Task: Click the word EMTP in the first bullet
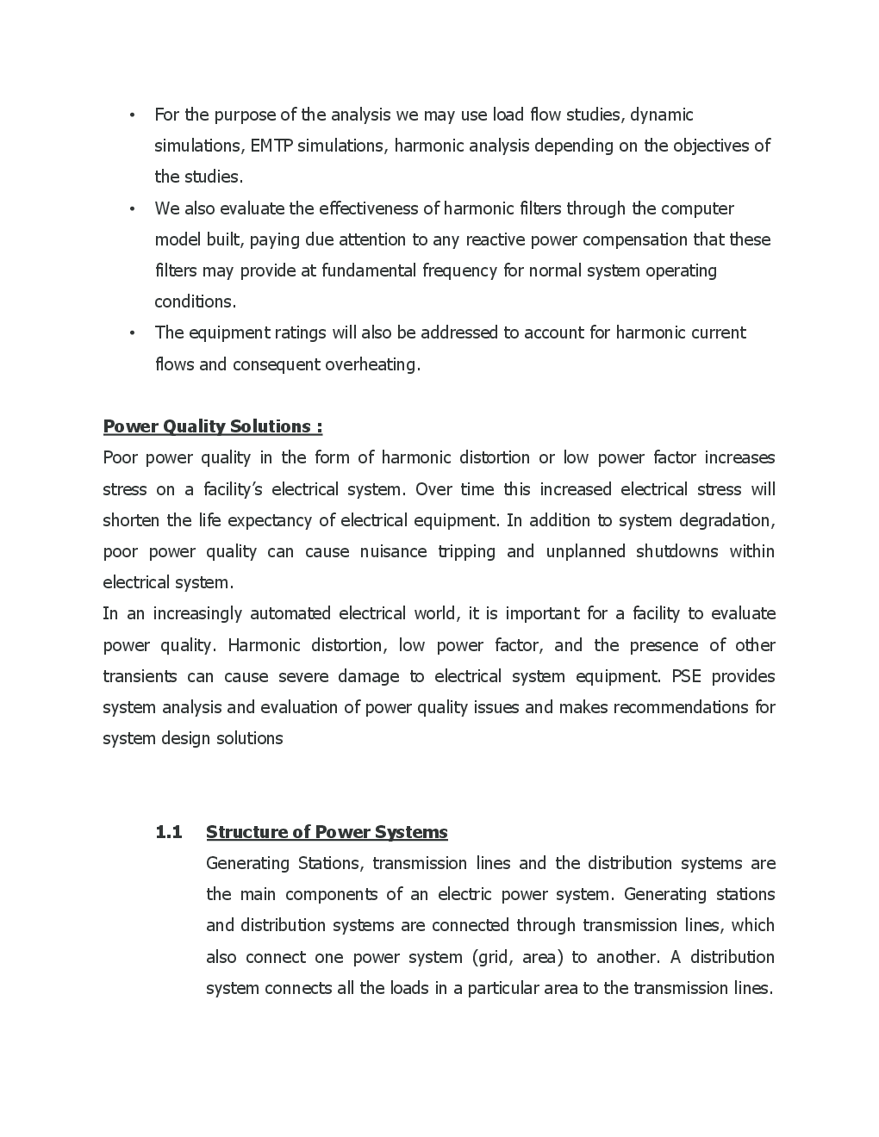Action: tap(271, 146)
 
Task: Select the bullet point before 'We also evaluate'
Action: tap(132, 209)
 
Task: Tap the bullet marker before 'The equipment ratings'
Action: tap(132, 333)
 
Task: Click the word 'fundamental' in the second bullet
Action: tap(369, 270)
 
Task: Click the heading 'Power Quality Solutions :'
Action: tap(213, 426)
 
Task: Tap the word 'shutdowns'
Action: tap(676, 551)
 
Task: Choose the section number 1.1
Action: tap(169, 832)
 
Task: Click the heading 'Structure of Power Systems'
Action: tap(327, 832)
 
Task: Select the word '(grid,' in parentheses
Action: tap(494, 957)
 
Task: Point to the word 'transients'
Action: tap(140, 676)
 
